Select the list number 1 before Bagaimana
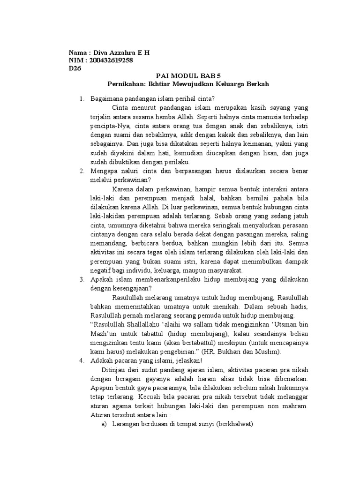click(81, 98)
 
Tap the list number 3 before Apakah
click(81, 279)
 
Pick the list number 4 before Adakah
click(81, 361)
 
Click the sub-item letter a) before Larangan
click(104, 424)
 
